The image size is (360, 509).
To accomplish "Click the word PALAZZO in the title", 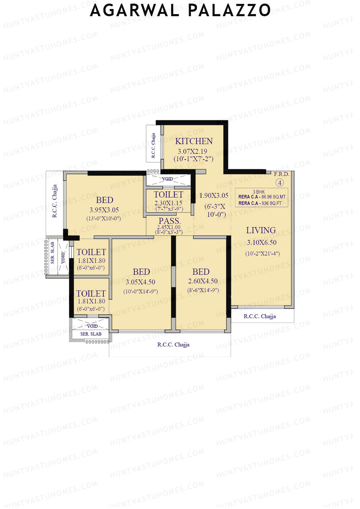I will [229, 10].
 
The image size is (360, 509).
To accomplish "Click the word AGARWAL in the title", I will [135, 10].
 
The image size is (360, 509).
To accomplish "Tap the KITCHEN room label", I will [194, 141].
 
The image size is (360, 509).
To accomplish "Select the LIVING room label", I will [261, 230].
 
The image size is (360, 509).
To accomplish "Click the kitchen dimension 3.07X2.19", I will [192, 151].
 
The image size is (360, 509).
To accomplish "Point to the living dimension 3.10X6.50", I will [262, 242].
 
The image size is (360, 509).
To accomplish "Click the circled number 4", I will [280, 183].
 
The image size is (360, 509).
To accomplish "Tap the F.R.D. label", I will [281, 174].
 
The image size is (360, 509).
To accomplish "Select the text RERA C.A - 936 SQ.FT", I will [260, 203].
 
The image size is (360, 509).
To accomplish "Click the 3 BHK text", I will [259, 192].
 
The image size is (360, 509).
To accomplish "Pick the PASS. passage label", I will [169, 221].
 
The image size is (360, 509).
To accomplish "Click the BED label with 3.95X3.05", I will [104, 200].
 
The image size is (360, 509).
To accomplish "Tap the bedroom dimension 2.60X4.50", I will [203, 281].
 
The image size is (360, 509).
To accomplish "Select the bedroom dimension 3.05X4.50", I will [140, 282].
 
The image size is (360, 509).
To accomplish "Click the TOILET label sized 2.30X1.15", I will [168, 195].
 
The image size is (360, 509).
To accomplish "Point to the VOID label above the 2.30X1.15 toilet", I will [167, 179].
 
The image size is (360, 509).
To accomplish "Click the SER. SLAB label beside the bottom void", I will [91, 334].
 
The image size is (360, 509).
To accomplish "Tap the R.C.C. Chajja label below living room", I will [259, 316].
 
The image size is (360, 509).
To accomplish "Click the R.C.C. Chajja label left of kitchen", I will [153, 145].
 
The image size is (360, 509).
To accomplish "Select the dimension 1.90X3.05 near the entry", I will [214, 196].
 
